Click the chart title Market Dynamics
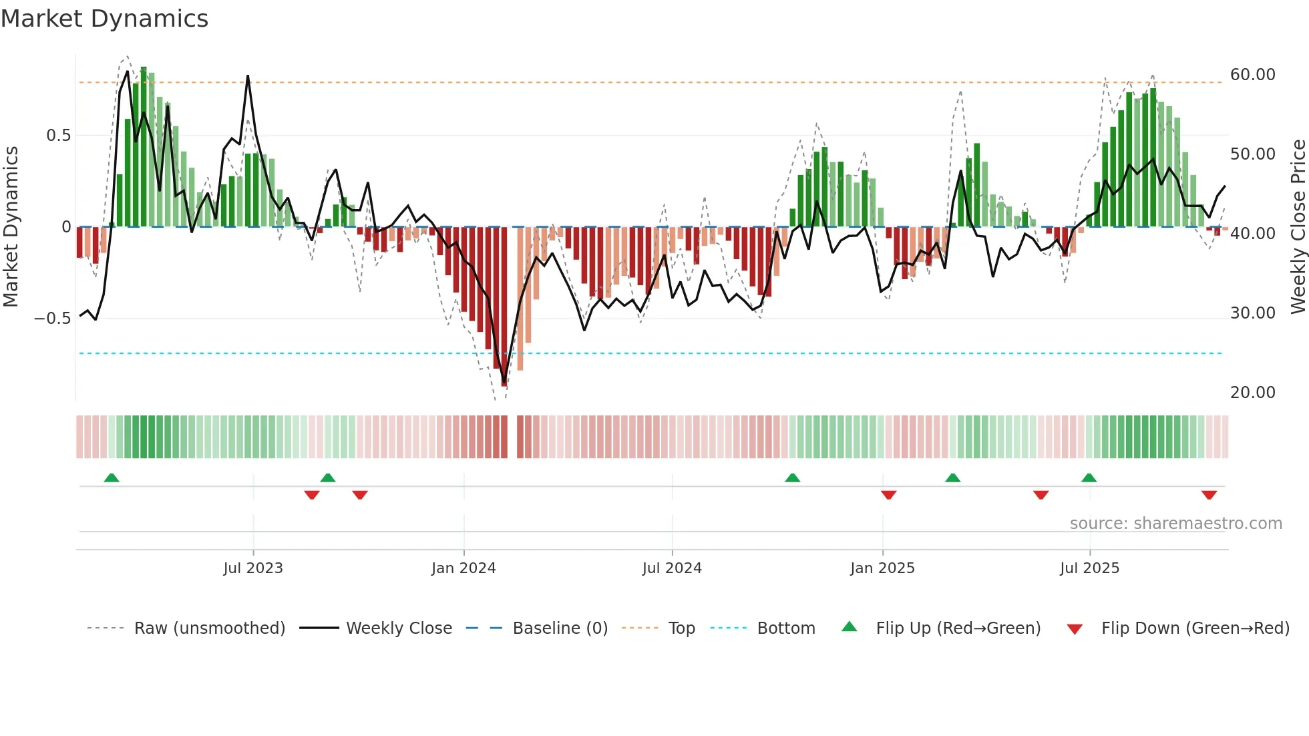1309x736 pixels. pyautogui.click(x=104, y=19)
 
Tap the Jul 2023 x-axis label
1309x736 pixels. pyautogui.click(x=253, y=568)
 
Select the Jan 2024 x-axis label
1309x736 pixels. pyautogui.click(x=463, y=568)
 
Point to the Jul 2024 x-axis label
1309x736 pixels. pyautogui.click(x=672, y=568)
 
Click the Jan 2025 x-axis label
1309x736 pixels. pyautogui.click(x=882, y=568)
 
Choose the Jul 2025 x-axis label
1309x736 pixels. pyautogui.click(x=1089, y=568)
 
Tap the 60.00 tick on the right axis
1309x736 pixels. pyautogui.click(x=1253, y=75)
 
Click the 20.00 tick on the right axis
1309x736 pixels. pyautogui.click(x=1253, y=393)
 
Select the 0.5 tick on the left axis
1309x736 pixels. pyautogui.click(x=58, y=136)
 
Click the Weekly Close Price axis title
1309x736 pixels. pyautogui.click(x=1298, y=226)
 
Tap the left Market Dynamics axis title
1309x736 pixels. pyautogui.click(x=11, y=226)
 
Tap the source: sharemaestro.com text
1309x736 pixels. pyautogui.click(x=1175, y=524)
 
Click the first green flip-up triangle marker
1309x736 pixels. pyautogui.click(x=112, y=478)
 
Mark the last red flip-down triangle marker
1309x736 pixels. pyautogui.click(x=1209, y=495)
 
